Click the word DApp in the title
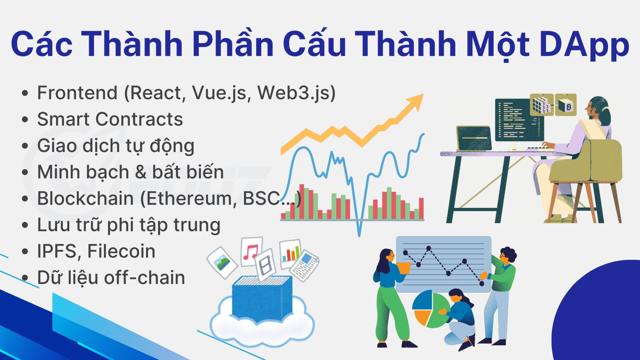point(584,45)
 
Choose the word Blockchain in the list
point(86,198)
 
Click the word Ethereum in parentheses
point(188,198)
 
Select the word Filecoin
point(121,251)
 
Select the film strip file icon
point(266,265)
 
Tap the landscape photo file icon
point(222,262)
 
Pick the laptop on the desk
point(474,138)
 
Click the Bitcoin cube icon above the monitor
point(566,105)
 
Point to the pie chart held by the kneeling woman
point(430,308)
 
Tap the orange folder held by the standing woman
point(404,268)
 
